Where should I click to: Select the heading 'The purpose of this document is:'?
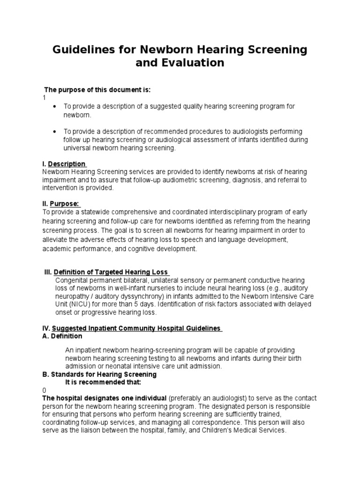(x=91, y=90)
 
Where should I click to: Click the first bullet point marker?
(x=55, y=107)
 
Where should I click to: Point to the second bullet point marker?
(x=55, y=132)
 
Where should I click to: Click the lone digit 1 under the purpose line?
(x=44, y=97)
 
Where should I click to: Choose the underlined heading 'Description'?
(x=67, y=164)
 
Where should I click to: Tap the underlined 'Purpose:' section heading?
(x=65, y=204)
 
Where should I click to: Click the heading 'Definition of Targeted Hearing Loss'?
(x=112, y=272)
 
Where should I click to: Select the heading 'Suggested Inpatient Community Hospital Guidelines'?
(x=136, y=328)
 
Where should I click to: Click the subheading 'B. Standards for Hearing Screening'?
(x=99, y=375)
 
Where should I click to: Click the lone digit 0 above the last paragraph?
(x=44, y=390)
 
